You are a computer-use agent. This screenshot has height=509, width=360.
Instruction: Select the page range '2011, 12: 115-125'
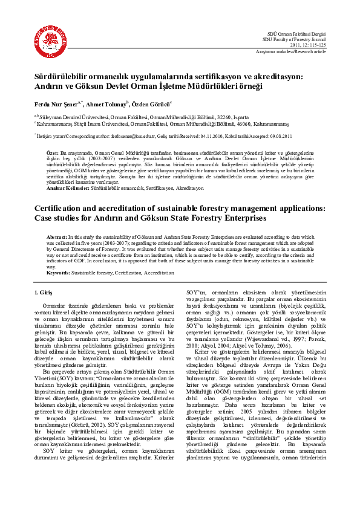coord(308,45)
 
